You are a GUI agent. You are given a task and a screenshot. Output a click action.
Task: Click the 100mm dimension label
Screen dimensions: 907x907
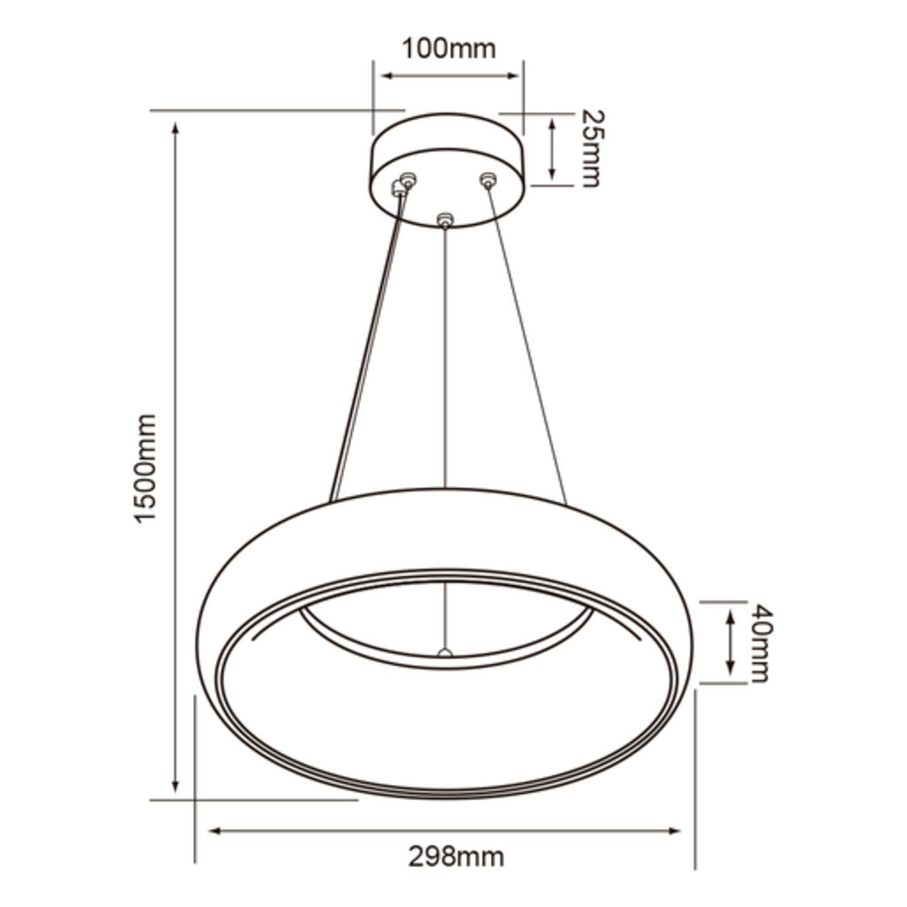coord(449,48)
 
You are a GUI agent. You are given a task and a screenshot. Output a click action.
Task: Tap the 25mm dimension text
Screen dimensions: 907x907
coord(590,148)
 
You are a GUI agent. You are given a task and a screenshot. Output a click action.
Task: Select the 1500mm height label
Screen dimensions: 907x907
coord(144,467)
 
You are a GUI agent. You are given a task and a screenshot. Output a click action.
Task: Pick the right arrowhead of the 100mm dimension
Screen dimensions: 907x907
coord(514,75)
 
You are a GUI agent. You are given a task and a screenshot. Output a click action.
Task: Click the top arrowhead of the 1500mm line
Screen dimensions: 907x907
coord(175,125)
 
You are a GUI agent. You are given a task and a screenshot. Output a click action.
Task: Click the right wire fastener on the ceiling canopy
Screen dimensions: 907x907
coord(488,180)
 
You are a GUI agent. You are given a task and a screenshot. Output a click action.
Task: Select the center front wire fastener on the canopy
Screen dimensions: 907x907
coord(444,219)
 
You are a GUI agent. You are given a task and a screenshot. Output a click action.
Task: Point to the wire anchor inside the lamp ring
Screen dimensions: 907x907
coord(444,651)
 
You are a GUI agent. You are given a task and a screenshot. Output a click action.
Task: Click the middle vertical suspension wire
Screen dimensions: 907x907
coord(444,363)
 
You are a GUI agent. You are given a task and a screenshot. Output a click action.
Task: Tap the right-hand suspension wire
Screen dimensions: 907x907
coord(528,345)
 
